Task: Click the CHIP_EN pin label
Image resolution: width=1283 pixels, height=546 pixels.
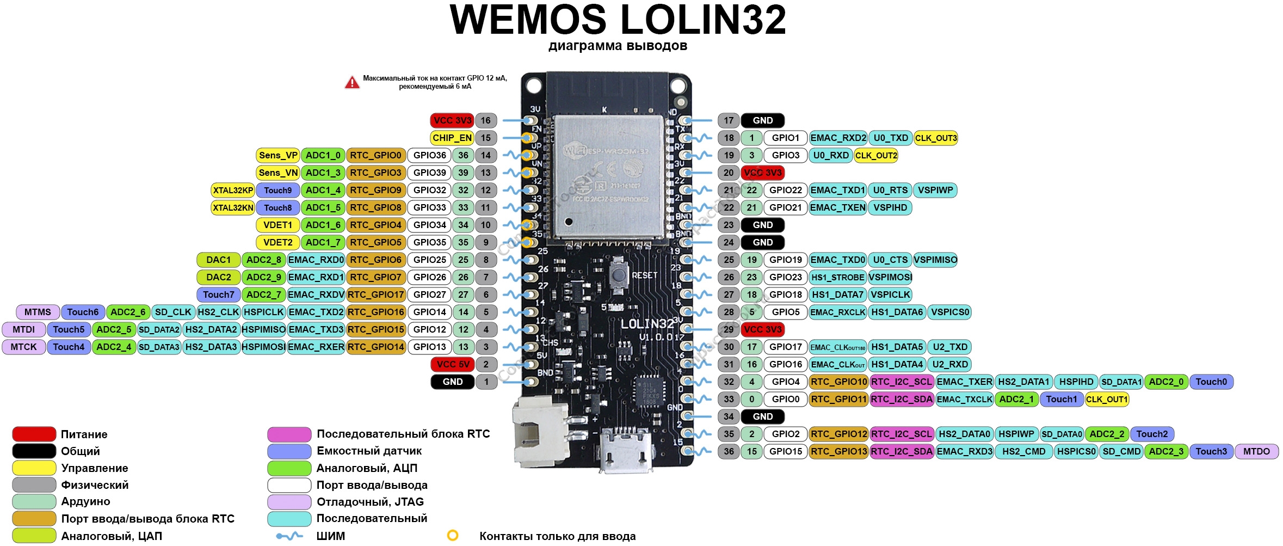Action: pyautogui.click(x=452, y=138)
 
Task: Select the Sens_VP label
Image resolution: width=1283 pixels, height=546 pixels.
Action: pyautogui.click(x=278, y=155)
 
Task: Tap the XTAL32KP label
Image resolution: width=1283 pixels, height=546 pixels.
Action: pyautogui.click(x=233, y=190)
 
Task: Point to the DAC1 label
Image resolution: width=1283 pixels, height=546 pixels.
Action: pyautogui.click(x=218, y=260)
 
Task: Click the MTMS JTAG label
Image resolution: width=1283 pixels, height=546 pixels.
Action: pyautogui.click(x=38, y=312)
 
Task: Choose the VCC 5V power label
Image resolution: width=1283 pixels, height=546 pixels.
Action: pyautogui.click(x=452, y=364)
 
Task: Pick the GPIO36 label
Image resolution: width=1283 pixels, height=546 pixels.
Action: pyautogui.click(x=429, y=155)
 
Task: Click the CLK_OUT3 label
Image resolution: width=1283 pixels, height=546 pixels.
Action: pyautogui.click(x=935, y=138)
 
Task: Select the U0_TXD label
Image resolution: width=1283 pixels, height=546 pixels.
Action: pyautogui.click(x=890, y=138)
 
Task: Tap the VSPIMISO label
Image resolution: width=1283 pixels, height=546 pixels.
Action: pyautogui.click(x=935, y=260)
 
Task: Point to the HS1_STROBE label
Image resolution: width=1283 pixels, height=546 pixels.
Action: pyautogui.click(x=837, y=277)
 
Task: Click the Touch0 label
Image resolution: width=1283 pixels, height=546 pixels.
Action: pyautogui.click(x=1211, y=382)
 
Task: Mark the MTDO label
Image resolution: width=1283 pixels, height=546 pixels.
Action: pyautogui.click(x=1256, y=451)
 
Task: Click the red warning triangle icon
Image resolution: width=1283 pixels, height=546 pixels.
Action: pyautogui.click(x=352, y=83)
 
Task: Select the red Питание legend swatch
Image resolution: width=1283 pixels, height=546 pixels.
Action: pyautogui.click(x=34, y=434)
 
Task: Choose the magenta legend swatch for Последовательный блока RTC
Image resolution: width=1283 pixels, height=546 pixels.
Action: pyautogui.click(x=289, y=434)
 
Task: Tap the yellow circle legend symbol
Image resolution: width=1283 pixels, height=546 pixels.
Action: pyautogui.click(x=452, y=536)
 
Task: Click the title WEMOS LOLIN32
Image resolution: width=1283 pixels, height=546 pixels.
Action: pyautogui.click(x=618, y=20)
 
